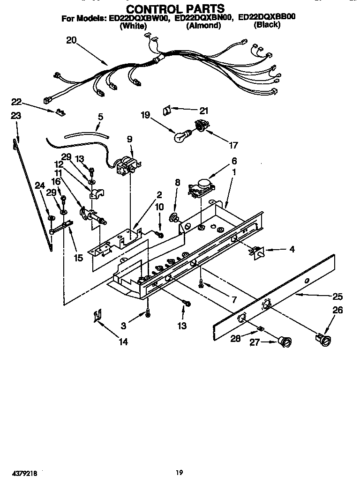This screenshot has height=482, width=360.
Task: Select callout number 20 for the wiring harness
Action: click(71, 40)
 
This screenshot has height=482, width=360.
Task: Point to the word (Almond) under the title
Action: click(203, 26)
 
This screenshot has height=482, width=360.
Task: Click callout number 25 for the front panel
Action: click(337, 296)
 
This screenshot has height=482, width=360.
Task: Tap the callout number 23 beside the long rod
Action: click(16, 116)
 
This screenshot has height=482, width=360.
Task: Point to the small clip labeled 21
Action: click(166, 110)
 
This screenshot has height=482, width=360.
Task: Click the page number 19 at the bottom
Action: click(180, 473)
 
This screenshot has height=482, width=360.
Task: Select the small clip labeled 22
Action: click(59, 111)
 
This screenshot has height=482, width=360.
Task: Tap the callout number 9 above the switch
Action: click(129, 139)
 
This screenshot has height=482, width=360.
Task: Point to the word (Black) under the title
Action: click(267, 25)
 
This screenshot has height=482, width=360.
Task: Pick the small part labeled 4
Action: click(258, 252)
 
